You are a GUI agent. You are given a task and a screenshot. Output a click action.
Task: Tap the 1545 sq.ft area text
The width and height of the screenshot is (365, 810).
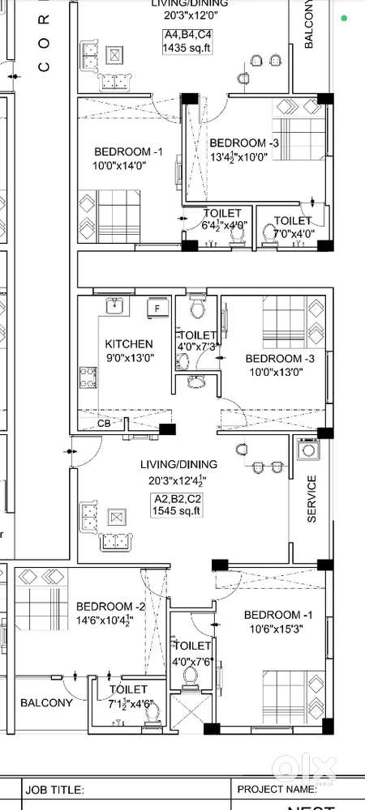[x=178, y=510]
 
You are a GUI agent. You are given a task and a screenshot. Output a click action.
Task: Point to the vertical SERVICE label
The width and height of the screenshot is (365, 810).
[x=311, y=498]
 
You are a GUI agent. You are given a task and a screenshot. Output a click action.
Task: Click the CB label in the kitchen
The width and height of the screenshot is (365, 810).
[x=105, y=423]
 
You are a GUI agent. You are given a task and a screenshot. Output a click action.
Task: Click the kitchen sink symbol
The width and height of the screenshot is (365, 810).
[x=114, y=305]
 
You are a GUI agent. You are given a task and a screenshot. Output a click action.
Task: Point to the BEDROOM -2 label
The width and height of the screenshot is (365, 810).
[x=111, y=607]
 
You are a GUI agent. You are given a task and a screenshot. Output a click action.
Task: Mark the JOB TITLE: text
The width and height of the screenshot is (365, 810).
[x=55, y=789]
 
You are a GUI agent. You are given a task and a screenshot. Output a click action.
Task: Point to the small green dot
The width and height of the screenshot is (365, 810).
[x=346, y=19]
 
